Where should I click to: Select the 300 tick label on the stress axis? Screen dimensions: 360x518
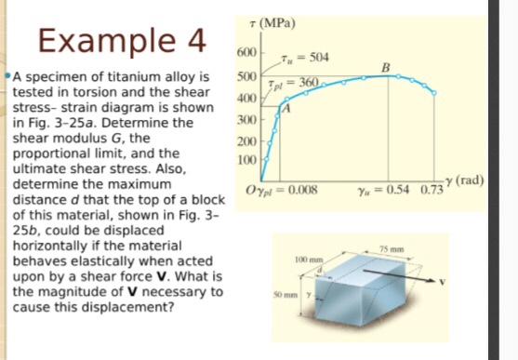(246, 121)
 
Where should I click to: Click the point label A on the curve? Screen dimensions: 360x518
(287, 109)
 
